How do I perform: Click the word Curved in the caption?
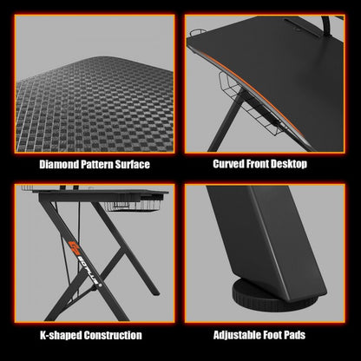[230, 163]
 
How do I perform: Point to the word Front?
[266, 163]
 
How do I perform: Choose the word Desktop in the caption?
[304, 163]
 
